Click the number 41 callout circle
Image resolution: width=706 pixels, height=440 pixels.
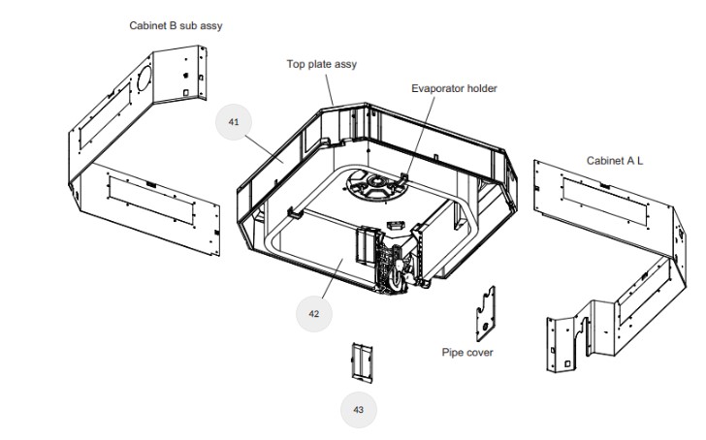click(x=234, y=122)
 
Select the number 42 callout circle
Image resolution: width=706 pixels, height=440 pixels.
click(x=313, y=314)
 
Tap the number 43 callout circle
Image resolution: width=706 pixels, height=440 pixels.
click(x=358, y=410)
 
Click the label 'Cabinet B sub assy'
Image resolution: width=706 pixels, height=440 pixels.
click(x=176, y=25)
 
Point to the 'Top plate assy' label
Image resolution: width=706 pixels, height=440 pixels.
click(x=321, y=65)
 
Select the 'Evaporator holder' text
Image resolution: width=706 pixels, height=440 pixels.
click(x=454, y=88)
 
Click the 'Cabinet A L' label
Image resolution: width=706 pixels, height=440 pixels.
click(x=615, y=160)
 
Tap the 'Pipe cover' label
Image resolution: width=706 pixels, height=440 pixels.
click(x=467, y=353)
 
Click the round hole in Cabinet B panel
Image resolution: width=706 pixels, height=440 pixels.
click(x=142, y=77)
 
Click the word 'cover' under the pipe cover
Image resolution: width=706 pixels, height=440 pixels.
click(x=480, y=353)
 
